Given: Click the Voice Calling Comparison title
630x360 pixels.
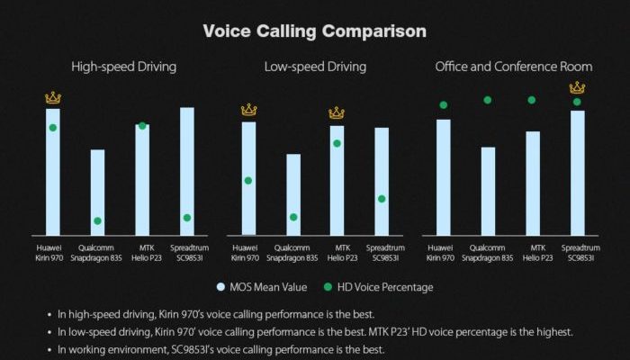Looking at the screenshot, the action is tap(315, 31).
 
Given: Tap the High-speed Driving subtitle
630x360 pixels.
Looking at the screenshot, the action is tap(124, 67).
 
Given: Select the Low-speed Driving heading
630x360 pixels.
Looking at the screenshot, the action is tap(315, 67).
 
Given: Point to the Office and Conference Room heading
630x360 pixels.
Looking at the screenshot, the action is tap(514, 67).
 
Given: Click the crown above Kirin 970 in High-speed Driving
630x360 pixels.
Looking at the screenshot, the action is tap(53, 97).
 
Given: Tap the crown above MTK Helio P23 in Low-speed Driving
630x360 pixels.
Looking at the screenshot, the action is tap(337, 112).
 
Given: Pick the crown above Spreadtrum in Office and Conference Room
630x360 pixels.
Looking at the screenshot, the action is tap(578, 87).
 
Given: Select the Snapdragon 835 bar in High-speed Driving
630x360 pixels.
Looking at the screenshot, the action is tap(97, 193).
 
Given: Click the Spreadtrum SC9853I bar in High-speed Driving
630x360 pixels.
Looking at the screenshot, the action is tap(187, 171).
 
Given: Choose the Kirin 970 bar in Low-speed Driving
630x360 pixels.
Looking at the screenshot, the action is tap(248, 179).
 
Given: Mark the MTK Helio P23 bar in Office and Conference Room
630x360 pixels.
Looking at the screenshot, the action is tap(533, 184).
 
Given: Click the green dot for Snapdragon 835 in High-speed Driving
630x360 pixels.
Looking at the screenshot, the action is tap(97, 221).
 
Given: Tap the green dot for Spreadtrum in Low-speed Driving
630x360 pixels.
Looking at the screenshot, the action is tap(382, 199).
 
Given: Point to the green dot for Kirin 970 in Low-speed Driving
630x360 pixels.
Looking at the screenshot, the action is tap(248, 181).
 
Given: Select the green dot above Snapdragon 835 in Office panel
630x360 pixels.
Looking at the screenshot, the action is tap(488, 100).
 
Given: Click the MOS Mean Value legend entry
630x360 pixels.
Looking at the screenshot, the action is tap(262, 287).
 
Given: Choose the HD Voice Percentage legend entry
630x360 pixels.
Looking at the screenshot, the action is tap(379, 287).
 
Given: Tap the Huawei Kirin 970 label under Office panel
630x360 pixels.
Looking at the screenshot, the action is tap(440, 253).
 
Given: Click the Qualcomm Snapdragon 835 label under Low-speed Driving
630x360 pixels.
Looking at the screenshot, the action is tap(292, 253).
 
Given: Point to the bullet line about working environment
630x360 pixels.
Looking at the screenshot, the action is tap(216, 349).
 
